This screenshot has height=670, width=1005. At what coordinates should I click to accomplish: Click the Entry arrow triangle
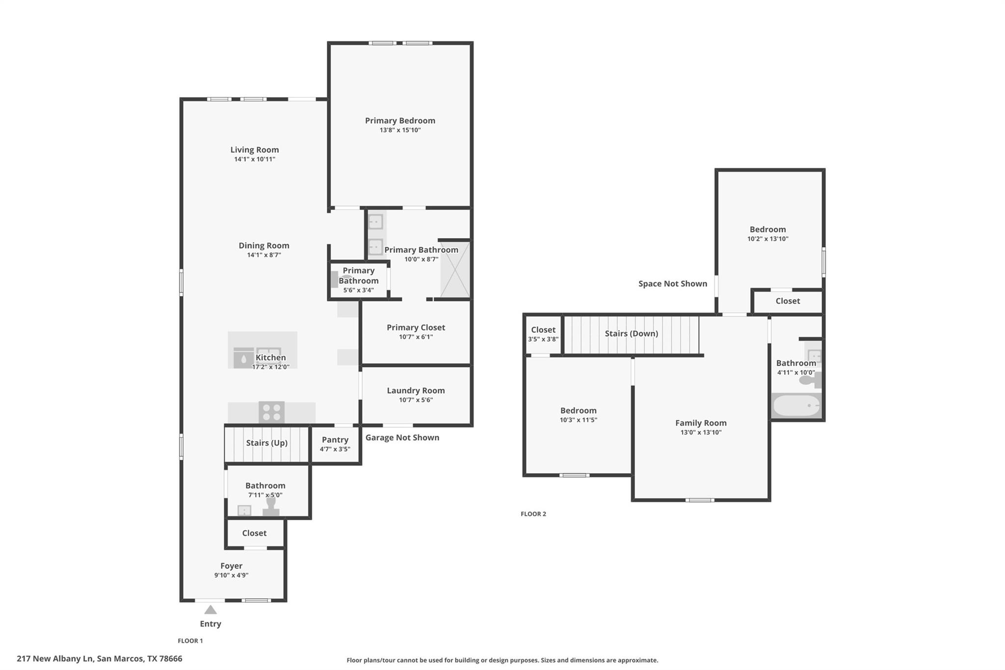[211, 610]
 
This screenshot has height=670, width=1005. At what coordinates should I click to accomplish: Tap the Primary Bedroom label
[400, 121]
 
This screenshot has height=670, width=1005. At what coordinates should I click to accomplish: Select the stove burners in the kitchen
[271, 412]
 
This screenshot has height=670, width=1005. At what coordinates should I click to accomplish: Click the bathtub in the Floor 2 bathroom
[796, 406]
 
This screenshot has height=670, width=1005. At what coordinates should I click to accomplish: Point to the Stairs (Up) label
[266, 443]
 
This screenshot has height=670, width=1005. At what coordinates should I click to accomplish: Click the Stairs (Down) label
[631, 334]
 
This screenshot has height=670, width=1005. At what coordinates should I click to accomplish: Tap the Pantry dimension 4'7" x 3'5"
[335, 449]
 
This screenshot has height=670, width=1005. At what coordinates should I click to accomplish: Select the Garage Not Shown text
[402, 438]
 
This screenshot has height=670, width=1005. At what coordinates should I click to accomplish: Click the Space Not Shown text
[672, 284]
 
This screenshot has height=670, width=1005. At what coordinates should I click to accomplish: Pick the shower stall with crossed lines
[455, 269]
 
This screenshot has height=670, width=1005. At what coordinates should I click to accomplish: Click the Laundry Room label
[416, 391]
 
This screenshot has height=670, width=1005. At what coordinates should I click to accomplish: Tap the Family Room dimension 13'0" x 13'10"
[701, 432]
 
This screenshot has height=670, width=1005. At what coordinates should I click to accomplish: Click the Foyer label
[231, 566]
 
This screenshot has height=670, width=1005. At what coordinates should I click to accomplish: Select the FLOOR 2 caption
[533, 514]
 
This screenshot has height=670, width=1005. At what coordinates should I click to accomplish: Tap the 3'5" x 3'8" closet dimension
[543, 339]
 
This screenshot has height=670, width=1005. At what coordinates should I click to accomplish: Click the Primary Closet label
[416, 327]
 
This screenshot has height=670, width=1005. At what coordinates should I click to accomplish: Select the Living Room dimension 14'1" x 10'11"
[254, 160]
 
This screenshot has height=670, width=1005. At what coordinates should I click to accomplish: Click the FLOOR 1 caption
[190, 641]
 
